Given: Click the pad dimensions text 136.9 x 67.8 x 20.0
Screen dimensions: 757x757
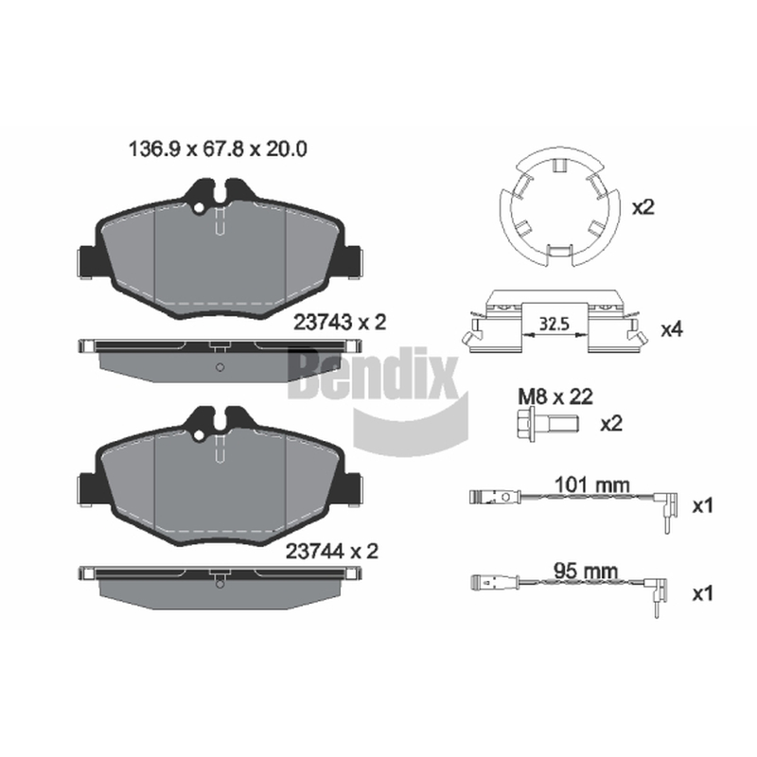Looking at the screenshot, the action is (218, 150).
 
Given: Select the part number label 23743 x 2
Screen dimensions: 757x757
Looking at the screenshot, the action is (340, 323).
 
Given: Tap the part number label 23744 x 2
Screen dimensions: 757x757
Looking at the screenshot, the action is (332, 551).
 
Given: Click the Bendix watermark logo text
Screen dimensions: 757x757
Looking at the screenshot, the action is (372, 372).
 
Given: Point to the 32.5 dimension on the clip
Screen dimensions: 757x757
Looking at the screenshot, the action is (555, 324).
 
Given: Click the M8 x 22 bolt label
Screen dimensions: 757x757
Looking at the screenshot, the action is (555, 396).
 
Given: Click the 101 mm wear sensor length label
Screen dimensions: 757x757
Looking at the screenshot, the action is (592, 484).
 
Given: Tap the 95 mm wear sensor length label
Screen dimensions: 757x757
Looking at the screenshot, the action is (586, 572).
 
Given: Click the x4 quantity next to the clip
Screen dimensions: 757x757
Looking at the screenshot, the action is (672, 329).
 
